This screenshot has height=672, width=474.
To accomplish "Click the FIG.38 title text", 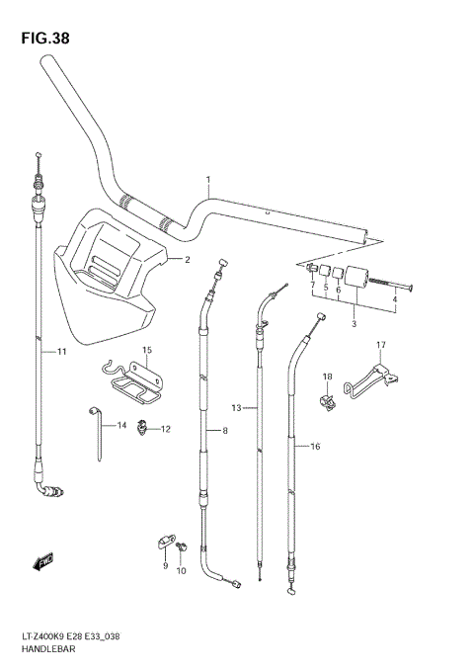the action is coord(45,39).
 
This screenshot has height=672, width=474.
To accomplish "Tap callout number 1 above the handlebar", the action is coord(208,180).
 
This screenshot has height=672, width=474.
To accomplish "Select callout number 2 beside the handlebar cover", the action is coord(187,260).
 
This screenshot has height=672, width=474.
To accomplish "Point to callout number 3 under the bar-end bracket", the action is coord(355,324).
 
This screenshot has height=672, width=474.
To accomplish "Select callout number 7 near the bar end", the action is coord(313,285).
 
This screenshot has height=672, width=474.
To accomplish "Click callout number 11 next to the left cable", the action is coord(62,352).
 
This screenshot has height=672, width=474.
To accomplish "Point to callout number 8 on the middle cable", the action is coord(225,431).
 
